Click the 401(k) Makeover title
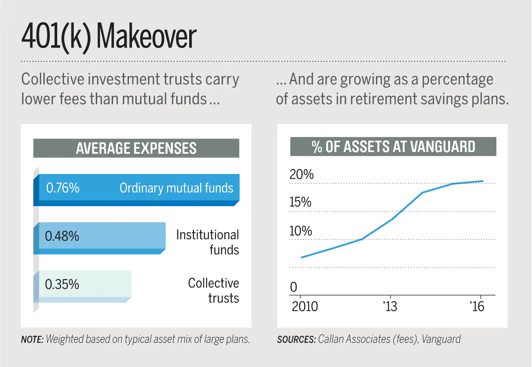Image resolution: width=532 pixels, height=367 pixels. (x=109, y=37)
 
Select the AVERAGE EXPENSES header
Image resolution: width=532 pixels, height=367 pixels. (x=136, y=148)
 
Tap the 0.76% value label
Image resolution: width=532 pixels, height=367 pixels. (x=63, y=188)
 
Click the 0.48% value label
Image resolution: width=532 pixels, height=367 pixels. (x=62, y=236)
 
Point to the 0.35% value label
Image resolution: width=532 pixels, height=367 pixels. (x=62, y=285)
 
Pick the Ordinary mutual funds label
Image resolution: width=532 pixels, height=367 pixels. (x=176, y=188)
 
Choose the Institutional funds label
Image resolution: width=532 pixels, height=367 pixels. (x=207, y=242)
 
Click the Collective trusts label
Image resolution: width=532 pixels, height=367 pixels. (x=213, y=291)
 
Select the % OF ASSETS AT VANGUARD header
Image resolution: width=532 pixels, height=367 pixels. (x=393, y=147)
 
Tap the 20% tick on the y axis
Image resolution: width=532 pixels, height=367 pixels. (x=302, y=174)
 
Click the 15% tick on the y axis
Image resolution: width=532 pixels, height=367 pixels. (x=300, y=202)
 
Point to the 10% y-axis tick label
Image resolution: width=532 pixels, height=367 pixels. (x=301, y=231)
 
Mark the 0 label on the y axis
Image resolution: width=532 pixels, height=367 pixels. (x=293, y=287)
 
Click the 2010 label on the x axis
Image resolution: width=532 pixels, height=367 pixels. (x=305, y=307)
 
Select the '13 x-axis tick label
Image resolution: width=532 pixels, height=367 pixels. (x=390, y=307)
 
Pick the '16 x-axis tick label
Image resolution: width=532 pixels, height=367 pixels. (x=477, y=307)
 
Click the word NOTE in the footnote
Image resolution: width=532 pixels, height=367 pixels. (x=32, y=339)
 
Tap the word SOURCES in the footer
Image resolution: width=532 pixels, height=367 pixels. (x=296, y=339)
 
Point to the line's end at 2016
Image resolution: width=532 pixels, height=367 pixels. (x=483, y=181)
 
